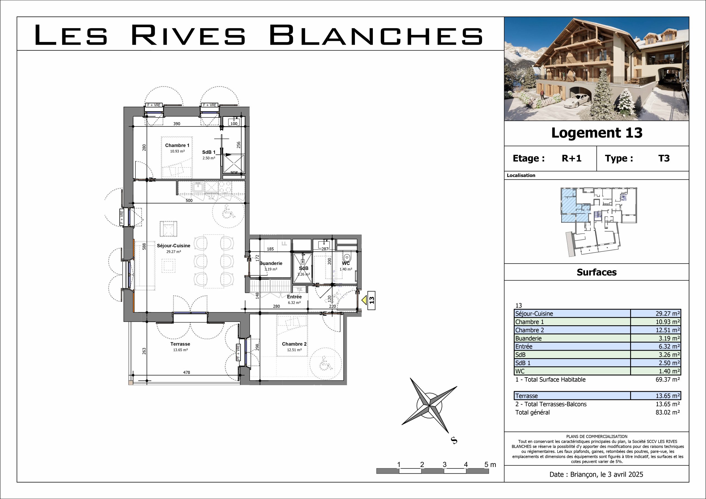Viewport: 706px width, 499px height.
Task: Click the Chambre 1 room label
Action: (177, 145)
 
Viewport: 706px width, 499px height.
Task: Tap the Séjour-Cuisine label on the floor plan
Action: (173, 246)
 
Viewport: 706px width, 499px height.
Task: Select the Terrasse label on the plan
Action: (180, 344)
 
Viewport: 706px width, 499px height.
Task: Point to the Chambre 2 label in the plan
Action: (294, 344)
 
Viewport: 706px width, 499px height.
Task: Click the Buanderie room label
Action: (271, 263)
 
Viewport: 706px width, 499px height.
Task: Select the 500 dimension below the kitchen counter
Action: (189, 200)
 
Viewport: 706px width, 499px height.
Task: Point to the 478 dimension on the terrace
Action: (187, 372)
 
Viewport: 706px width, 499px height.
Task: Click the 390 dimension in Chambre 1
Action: (177, 124)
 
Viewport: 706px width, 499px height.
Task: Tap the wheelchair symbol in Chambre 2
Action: (325, 363)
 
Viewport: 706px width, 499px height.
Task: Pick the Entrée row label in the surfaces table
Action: (524, 347)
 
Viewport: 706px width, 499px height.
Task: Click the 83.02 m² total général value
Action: (668, 412)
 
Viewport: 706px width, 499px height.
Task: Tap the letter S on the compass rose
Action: (454, 441)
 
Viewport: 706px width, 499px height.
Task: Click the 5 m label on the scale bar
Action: (490, 465)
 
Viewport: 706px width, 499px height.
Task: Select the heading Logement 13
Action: (597, 133)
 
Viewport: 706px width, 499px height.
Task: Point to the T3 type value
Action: (664, 158)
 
